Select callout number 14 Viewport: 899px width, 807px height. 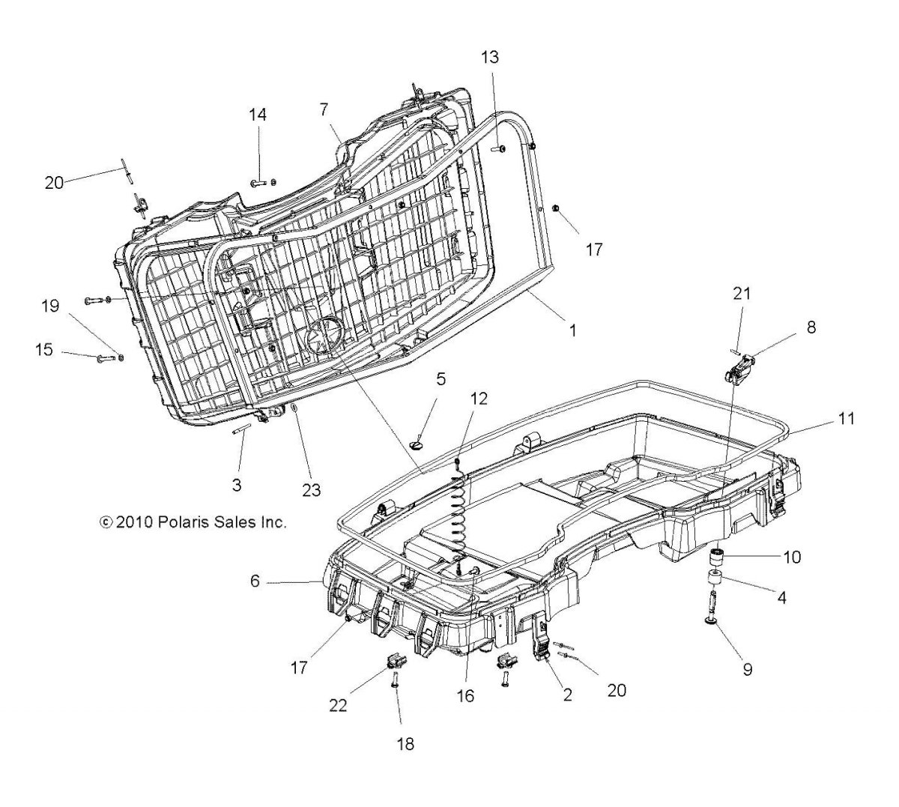coord(258,115)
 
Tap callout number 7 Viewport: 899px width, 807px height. coord(324,109)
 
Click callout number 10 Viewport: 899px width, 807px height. coord(791,557)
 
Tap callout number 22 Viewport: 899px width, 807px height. coord(338,706)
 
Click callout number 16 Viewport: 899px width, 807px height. coord(465,695)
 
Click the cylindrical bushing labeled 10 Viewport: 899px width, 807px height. coord(718,559)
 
